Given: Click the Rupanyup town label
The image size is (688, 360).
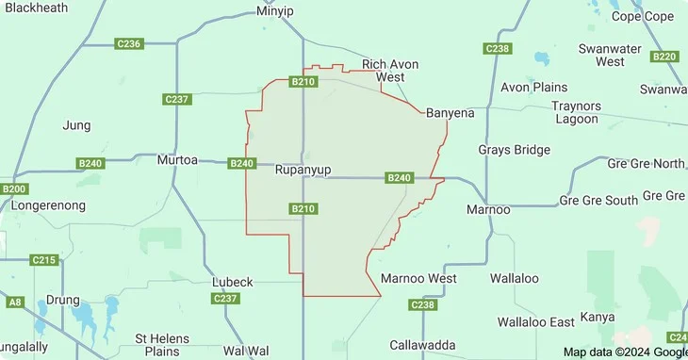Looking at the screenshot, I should [x=302, y=172].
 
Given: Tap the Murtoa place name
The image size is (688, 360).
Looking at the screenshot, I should [x=177, y=160].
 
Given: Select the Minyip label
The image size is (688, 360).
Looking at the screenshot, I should [x=275, y=12].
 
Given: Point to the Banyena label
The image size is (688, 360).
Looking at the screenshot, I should [x=450, y=112].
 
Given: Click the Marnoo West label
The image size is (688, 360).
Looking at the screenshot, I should [x=418, y=278].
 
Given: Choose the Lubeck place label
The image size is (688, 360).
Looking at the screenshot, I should [x=232, y=282].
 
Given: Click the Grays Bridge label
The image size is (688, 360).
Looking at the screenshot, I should [x=514, y=150].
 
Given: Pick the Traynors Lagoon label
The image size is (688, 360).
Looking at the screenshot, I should [x=575, y=112].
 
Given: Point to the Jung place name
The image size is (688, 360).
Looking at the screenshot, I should [x=75, y=124].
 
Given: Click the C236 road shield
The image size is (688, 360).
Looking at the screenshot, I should [x=128, y=43].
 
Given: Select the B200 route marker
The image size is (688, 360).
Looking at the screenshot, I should [x=15, y=188].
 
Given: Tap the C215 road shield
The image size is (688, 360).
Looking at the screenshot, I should [x=44, y=259].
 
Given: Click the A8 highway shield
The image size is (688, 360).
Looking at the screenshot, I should [x=15, y=302].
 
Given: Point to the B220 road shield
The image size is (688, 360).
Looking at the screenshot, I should [x=665, y=57].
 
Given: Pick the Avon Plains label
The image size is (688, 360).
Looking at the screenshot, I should [x=533, y=88].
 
